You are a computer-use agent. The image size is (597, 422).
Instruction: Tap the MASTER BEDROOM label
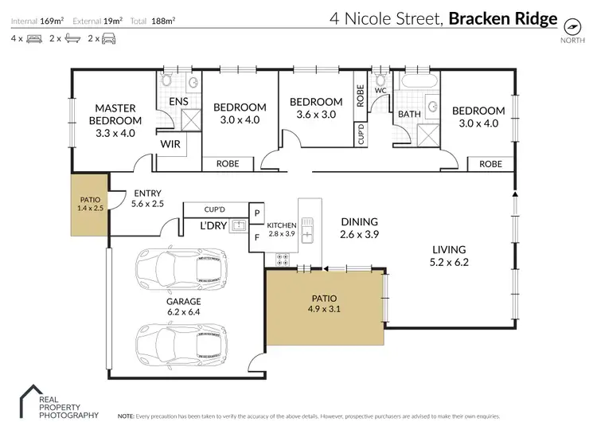(117, 114)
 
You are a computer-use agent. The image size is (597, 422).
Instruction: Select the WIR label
(170, 144)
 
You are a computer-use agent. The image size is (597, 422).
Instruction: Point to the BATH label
(409, 115)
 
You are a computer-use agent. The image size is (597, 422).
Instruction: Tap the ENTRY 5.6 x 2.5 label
(148, 198)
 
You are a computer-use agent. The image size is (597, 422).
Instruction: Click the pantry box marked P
(257, 213)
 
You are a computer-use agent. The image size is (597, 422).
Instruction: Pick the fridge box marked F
(257, 236)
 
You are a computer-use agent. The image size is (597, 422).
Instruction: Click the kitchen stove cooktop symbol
(282, 259)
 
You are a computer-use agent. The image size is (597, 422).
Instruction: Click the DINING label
(358, 221)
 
